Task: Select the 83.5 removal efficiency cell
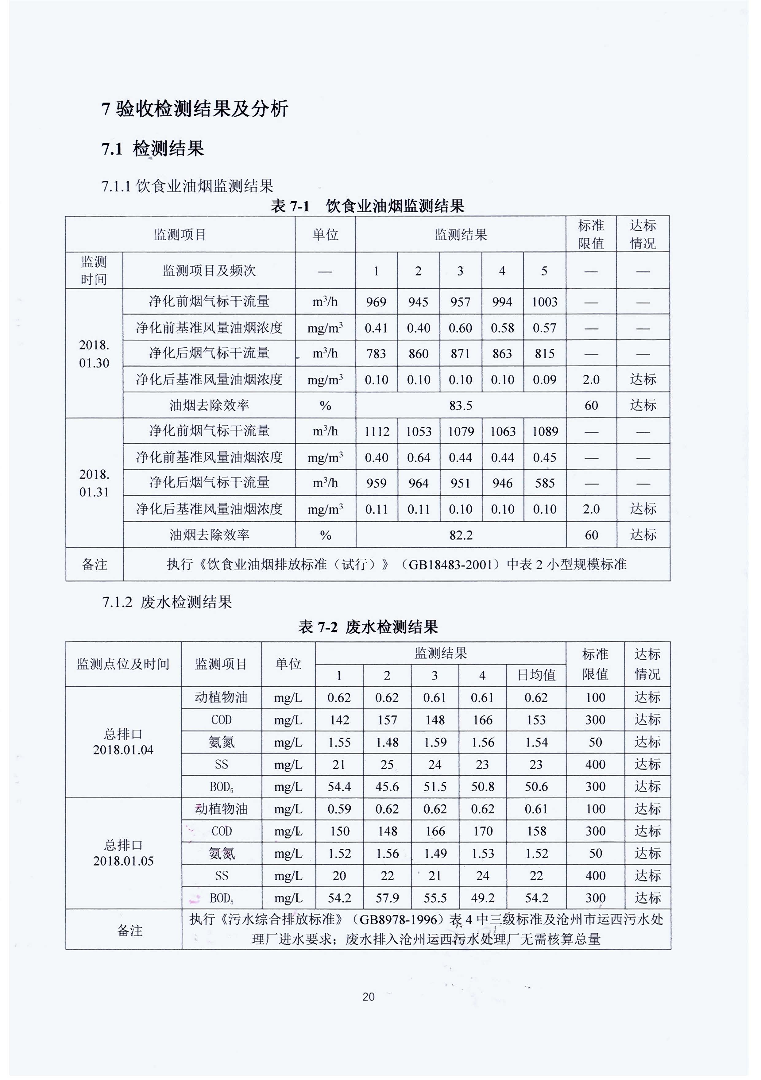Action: (461, 406)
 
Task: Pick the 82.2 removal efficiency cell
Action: (461, 535)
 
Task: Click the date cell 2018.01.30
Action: (94, 354)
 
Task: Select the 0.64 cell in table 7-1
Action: (418, 457)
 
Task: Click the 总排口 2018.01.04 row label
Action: (123, 742)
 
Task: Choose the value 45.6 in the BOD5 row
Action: (387, 786)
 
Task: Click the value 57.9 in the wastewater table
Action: (387, 898)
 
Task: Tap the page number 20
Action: (368, 996)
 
